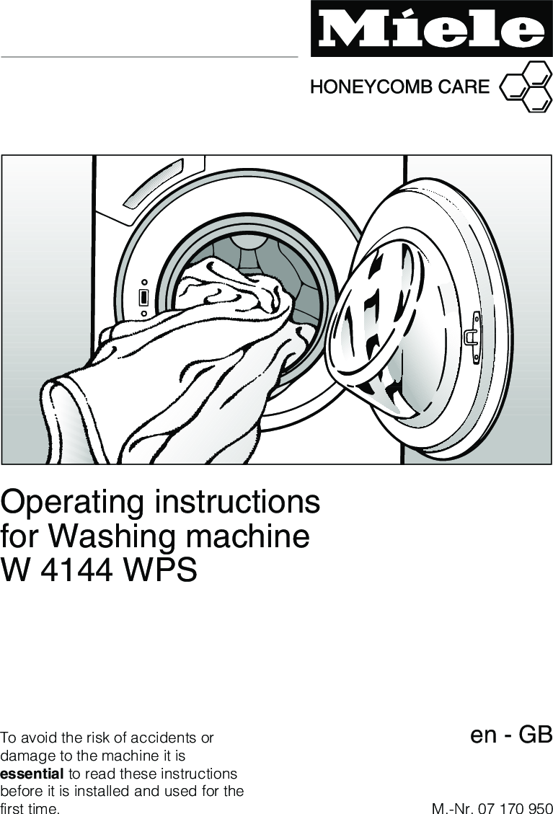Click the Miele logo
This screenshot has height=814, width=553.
pyautogui.click(x=431, y=30)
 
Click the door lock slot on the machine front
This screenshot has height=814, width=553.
pyautogui.click(x=143, y=297)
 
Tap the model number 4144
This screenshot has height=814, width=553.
pyautogui.click(x=74, y=571)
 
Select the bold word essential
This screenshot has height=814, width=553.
pyautogui.click(x=32, y=774)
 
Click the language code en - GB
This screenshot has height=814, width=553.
pyautogui.click(x=510, y=735)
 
